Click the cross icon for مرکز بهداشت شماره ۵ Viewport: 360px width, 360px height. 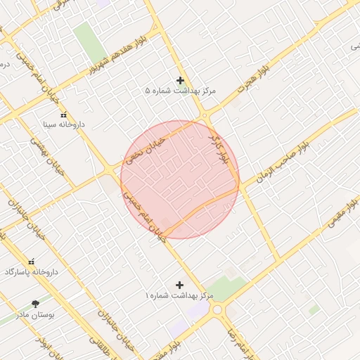coord(181,80)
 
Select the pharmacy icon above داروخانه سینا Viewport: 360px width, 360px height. coord(63,115)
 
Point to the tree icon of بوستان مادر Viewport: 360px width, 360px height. coord(35,304)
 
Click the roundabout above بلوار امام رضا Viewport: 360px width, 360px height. coord(217,309)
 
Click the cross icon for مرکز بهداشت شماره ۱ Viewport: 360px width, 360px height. coord(179,285)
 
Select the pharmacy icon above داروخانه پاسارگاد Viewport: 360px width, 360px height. coord(31,261)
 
